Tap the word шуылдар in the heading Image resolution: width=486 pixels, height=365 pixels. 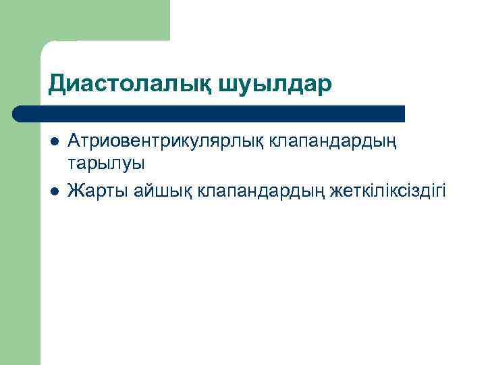275,84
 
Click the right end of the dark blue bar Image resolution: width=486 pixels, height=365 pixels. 403,114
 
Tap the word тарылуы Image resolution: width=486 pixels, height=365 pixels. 106,164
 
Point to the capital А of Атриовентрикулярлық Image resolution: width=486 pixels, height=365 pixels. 74,143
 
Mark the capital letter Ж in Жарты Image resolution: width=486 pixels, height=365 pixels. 76,191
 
